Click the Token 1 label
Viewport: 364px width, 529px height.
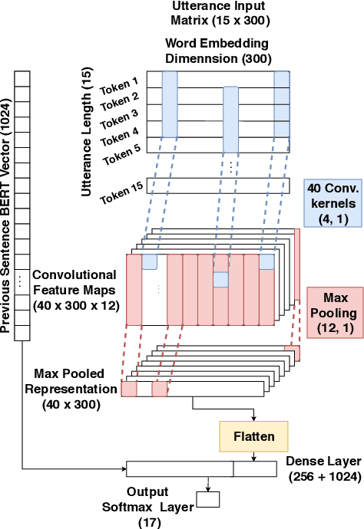pos(124,82)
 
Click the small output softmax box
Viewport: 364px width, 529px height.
pos(208,499)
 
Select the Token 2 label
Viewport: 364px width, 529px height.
pos(123,99)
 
